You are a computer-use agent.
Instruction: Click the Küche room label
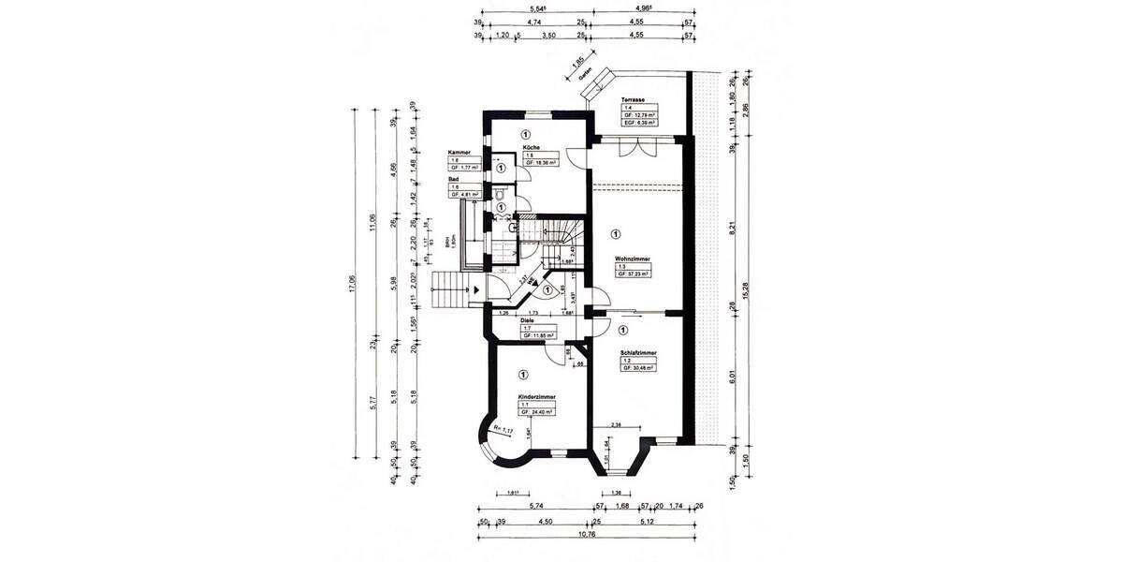[x=532, y=148]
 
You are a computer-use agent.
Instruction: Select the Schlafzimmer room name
[x=637, y=353]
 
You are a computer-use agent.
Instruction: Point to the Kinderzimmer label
[x=538, y=396]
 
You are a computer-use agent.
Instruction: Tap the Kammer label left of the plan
[x=459, y=152]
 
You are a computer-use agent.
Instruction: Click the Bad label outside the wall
[x=453, y=178]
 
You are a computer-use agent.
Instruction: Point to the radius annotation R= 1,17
[x=503, y=430]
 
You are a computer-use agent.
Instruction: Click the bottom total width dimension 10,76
[x=587, y=535]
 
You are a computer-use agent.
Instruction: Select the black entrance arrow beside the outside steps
[x=475, y=289]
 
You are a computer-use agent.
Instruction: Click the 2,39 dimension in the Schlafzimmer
[x=617, y=426]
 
